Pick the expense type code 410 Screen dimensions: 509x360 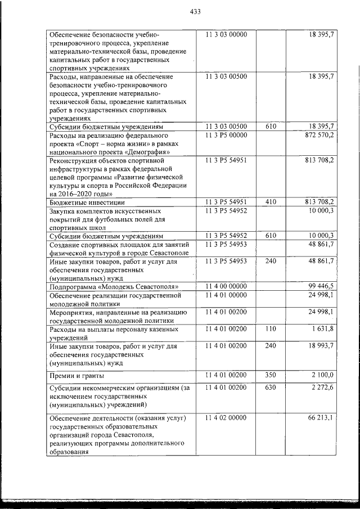click(271, 201)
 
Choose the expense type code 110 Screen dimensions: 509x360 click(271, 328)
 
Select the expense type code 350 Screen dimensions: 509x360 click(271, 374)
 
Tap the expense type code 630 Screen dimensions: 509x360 click(271, 387)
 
